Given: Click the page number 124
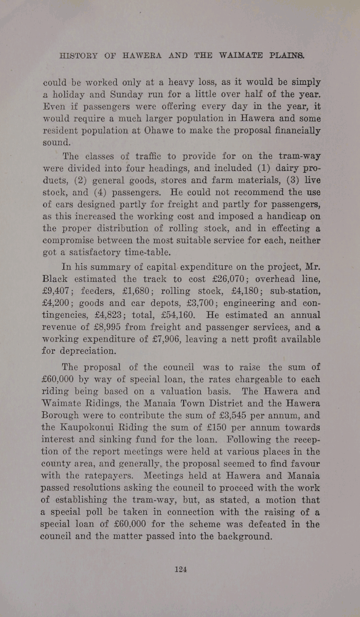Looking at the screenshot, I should pos(180,569).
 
